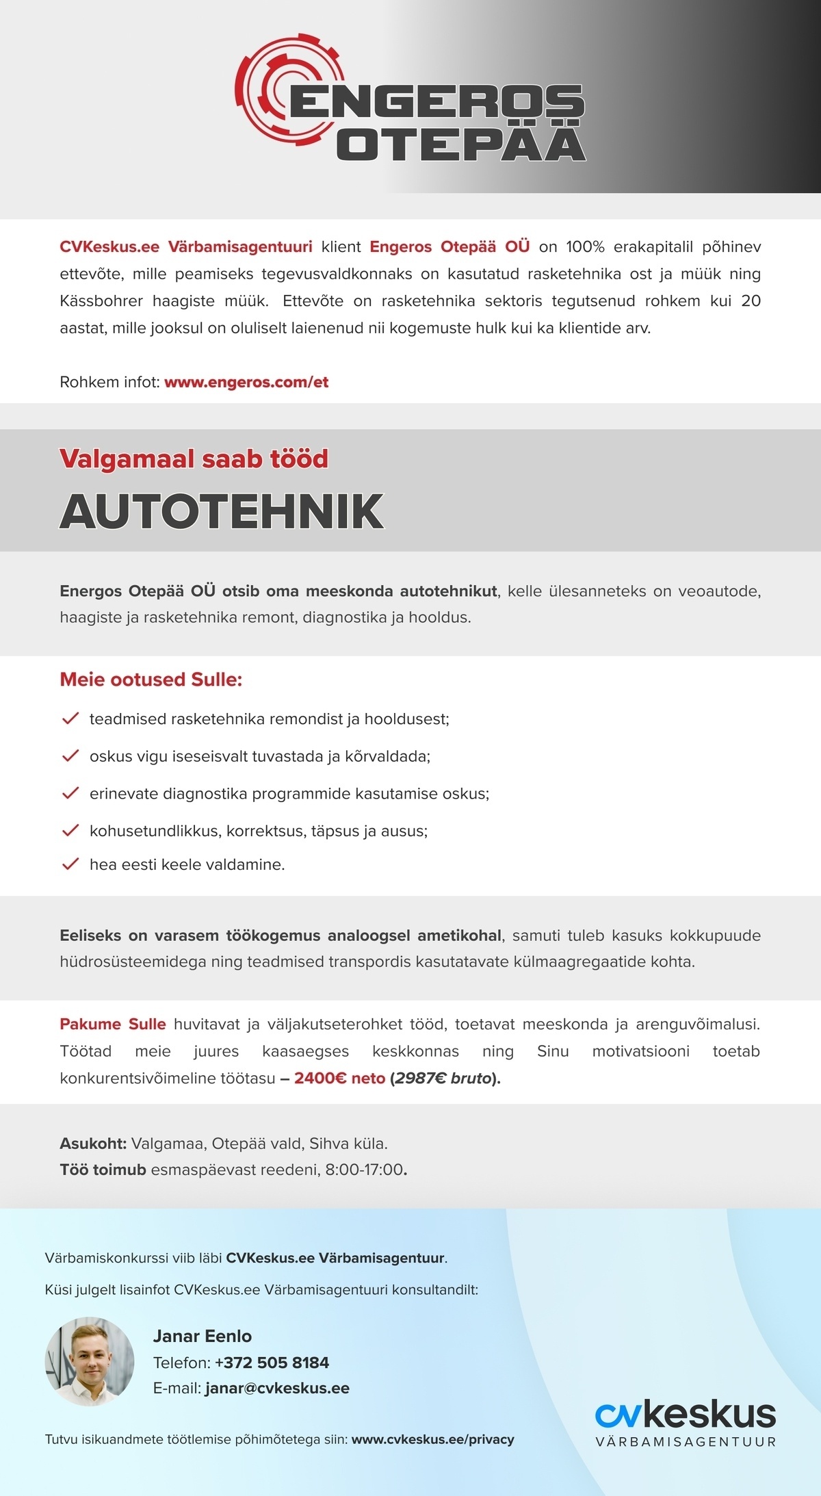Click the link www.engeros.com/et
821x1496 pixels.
(x=246, y=382)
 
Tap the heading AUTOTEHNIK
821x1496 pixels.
(x=222, y=511)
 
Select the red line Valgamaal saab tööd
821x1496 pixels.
(x=194, y=459)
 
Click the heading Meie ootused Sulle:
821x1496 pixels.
(x=151, y=680)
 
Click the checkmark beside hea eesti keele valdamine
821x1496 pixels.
(x=70, y=864)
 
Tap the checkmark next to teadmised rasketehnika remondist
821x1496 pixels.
(x=70, y=719)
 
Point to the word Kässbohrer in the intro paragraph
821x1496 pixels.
(x=101, y=301)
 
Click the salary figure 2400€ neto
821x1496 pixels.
(x=339, y=1078)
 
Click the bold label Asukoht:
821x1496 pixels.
(x=93, y=1143)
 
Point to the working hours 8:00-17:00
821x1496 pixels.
(x=364, y=1170)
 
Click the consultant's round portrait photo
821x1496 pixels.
(x=90, y=1361)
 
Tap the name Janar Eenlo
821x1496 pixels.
(x=202, y=1335)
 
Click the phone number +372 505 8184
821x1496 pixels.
(x=272, y=1362)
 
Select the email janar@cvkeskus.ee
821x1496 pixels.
(x=277, y=1388)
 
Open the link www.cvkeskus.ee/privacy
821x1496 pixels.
(x=432, y=1439)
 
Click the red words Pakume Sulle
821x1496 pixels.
(x=112, y=1024)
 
